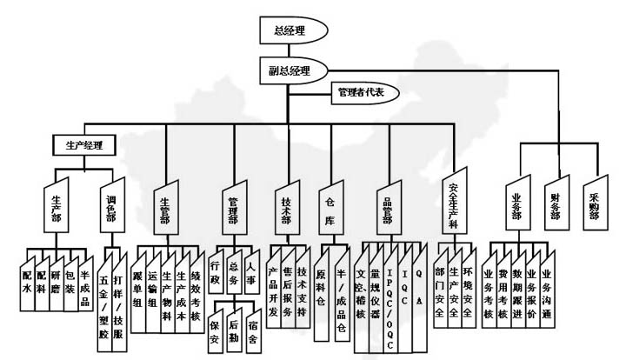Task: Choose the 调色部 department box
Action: tap(110, 210)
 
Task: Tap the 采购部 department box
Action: tap(590, 207)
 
